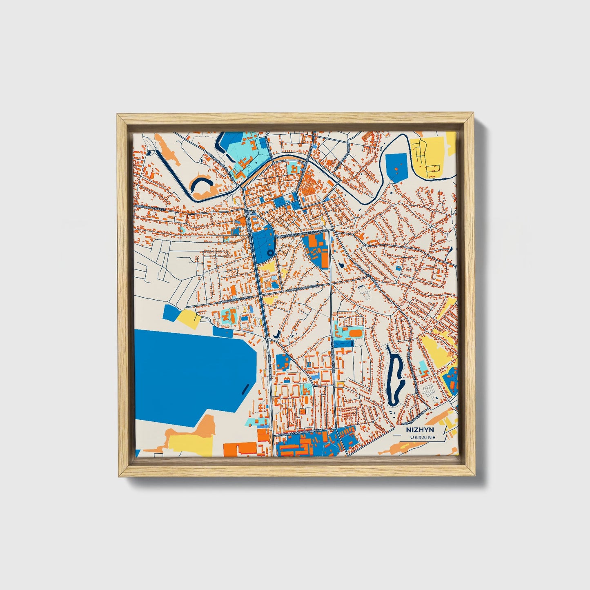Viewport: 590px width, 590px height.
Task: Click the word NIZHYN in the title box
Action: tap(420, 430)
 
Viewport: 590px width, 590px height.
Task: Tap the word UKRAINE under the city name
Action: tap(423, 437)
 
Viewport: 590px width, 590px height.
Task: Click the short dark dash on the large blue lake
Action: tap(245, 388)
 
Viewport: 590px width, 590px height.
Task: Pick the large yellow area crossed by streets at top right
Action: tap(429, 157)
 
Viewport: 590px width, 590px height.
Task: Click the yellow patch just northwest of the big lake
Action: tap(188, 318)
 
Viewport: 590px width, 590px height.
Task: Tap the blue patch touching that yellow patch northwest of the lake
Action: tap(171, 313)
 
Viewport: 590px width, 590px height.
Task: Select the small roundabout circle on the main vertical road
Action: tap(267, 338)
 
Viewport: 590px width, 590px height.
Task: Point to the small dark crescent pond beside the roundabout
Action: tap(277, 335)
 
